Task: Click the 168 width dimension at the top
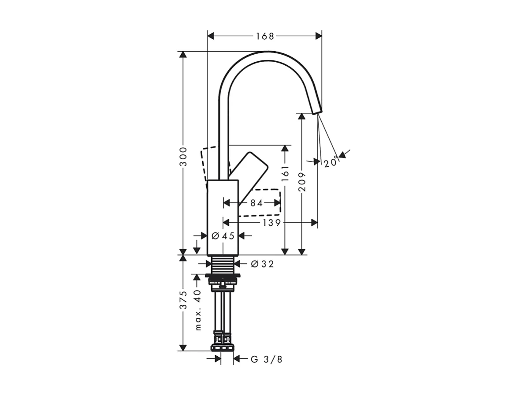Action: click(x=265, y=36)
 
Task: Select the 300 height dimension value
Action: click(x=184, y=157)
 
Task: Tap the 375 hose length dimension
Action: click(x=184, y=300)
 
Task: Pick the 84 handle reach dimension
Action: click(x=256, y=203)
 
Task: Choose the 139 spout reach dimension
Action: click(x=271, y=223)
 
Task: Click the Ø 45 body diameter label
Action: click(x=223, y=236)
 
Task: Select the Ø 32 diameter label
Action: click(x=262, y=264)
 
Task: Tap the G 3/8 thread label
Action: click(x=266, y=359)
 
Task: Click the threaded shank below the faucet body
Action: click(x=223, y=264)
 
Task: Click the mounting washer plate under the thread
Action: click(x=223, y=276)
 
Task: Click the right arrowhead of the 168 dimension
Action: click(x=318, y=36)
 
